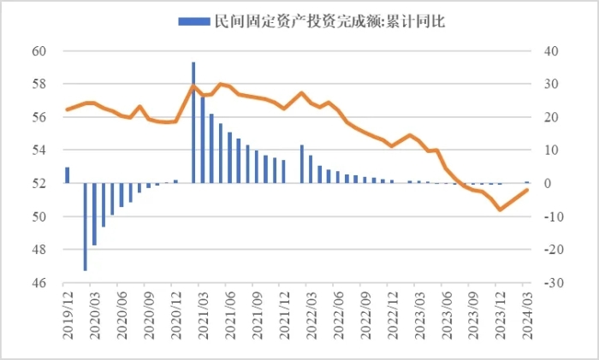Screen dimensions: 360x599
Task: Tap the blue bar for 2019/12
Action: point(67,174)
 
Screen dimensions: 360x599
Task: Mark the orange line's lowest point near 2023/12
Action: point(501,210)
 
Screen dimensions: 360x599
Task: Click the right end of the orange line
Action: point(527,189)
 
